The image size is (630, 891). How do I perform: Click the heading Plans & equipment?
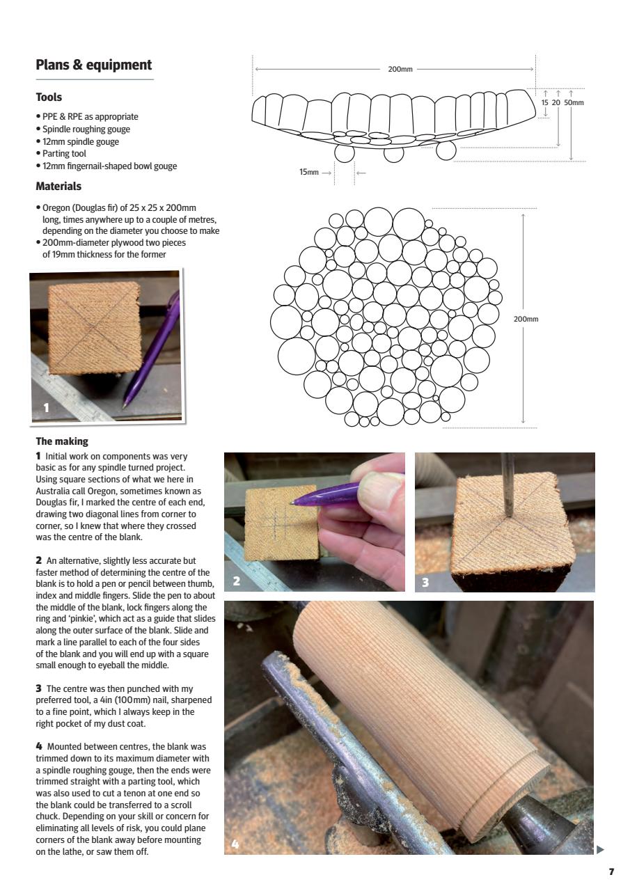[93, 65]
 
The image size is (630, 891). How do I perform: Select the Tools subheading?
[49, 97]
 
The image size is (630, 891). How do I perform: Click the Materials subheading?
[58, 187]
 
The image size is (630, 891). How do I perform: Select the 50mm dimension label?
[574, 103]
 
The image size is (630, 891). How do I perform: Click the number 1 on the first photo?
[47, 407]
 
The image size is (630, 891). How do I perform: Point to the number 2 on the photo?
[237, 581]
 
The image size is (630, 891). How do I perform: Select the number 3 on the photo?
[426, 582]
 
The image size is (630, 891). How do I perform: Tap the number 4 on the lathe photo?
[235, 844]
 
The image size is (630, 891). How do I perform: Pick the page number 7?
[611, 872]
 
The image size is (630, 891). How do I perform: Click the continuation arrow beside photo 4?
[601, 849]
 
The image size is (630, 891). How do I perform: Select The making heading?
[62, 441]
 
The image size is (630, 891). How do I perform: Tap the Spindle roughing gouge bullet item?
[86, 129]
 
